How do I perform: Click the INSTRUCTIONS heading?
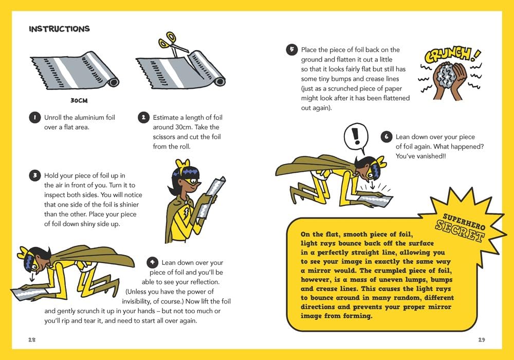pyautogui.click(x=59, y=29)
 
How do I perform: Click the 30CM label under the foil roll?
pyautogui.click(x=80, y=101)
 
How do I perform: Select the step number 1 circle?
pyautogui.click(x=34, y=118)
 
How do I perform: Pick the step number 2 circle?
pyautogui.click(x=143, y=118)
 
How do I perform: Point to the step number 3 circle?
pyautogui.click(x=34, y=175)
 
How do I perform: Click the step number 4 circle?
pyautogui.click(x=152, y=263)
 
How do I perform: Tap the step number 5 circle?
pyautogui.click(x=291, y=50)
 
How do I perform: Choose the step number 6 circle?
pyautogui.click(x=386, y=137)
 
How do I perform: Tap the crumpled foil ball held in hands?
pyautogui.click(x=446, y=77)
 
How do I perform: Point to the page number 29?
pyautogui.click(x=481, y=339)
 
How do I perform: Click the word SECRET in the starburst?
pyautogui.click(x=461, y=230)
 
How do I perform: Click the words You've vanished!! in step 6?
pyautogui.click(x=421, y=156)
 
